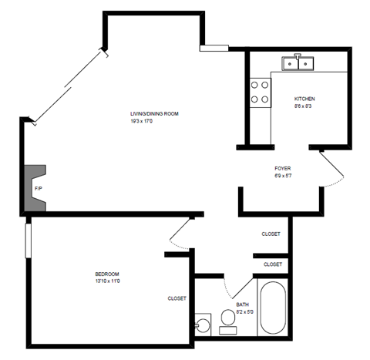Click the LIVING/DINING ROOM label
coord(154,113)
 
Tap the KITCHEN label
coord(304,99)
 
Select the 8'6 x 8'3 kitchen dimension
coord(303,106)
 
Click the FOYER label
coord(282,168)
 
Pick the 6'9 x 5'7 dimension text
coord(282,176)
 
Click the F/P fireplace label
coord(37,188)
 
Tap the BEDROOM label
coord(106,274)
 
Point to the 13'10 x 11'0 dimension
coord(107,281)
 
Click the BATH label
coord(243,304)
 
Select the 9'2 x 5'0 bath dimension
coord(243,312)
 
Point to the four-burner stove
coord(260,92)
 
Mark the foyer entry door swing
coord(330,169)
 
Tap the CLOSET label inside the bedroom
coord(177,298)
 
